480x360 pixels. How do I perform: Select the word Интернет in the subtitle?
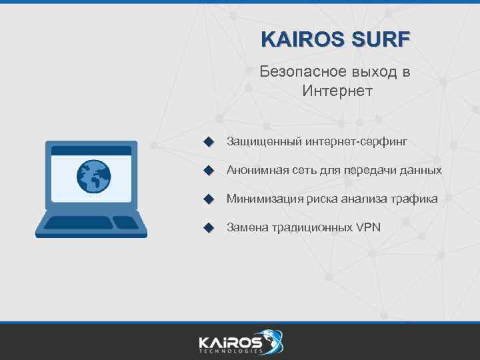(337, 90)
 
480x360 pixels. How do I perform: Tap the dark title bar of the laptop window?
(91, 151)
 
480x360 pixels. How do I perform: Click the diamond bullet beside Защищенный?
(208, 142)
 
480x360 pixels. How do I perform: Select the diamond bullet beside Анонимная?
(208, 171)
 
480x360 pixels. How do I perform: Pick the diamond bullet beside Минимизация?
(208, 199)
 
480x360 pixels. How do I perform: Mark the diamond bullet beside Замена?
(208, 228)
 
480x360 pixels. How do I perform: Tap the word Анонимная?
(257, 170)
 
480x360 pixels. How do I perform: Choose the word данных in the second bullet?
(421, 170)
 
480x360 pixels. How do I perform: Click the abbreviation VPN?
(368, 227)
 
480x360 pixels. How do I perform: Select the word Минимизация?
(265, 199)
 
